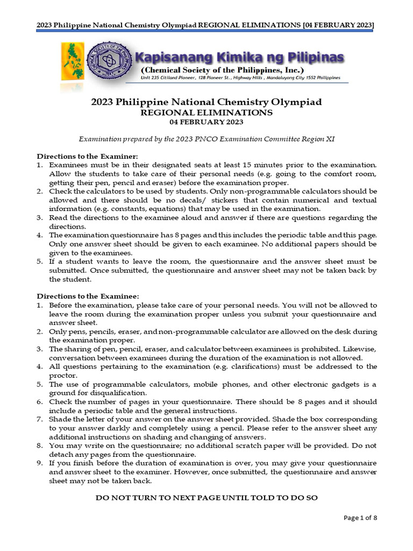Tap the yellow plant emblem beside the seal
pos(72,62)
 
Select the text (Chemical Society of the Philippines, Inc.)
pos(222,70)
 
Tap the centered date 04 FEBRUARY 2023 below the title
pos(206,122)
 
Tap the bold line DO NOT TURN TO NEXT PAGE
pos(206,498)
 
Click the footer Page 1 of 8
pos(360,518)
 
